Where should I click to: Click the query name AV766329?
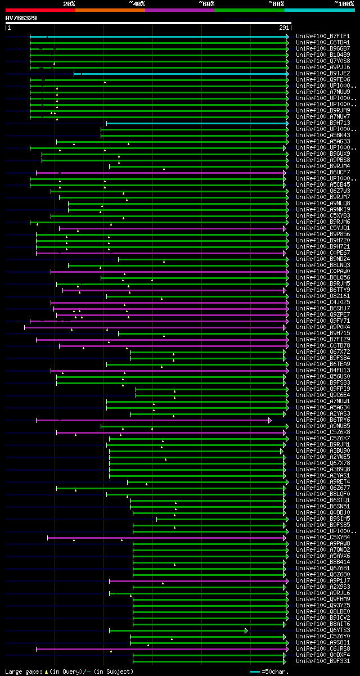pyautogui.click(x=21, y=18)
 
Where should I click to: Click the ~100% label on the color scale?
pyautogui.click(x=343, y=3)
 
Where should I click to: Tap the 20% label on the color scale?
pyautogui.click(x=69, y=3)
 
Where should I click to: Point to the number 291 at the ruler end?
pyautogui.click(x=283, y=27)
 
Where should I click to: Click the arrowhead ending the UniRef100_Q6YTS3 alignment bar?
pyautogui.click(x=246, y=630)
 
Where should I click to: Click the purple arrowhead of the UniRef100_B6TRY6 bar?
pyautogui.click(x=270, y=420)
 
